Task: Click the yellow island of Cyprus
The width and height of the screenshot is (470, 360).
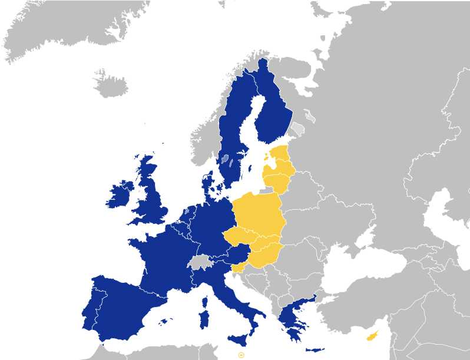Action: [x=372, y=336]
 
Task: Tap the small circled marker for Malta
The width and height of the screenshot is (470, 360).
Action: [x=241, y=355]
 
